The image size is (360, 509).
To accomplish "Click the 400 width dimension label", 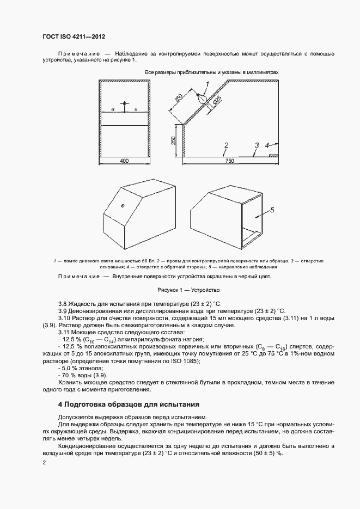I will (x=124, y=161).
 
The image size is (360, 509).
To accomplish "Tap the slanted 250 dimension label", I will (x=178, y=99).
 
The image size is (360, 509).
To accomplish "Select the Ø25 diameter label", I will (x=217, y=100).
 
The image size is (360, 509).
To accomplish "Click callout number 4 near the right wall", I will (x=267, y=145).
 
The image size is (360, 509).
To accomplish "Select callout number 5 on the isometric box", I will (x=272, y=210).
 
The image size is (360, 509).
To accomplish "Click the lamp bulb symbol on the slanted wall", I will (x=201, y=100).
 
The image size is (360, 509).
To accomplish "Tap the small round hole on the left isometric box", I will (x=123, y=205).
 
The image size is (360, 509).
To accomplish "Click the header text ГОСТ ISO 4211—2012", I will (x=74, y=36).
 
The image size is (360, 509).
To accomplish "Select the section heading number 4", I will (x=60, y=404).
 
